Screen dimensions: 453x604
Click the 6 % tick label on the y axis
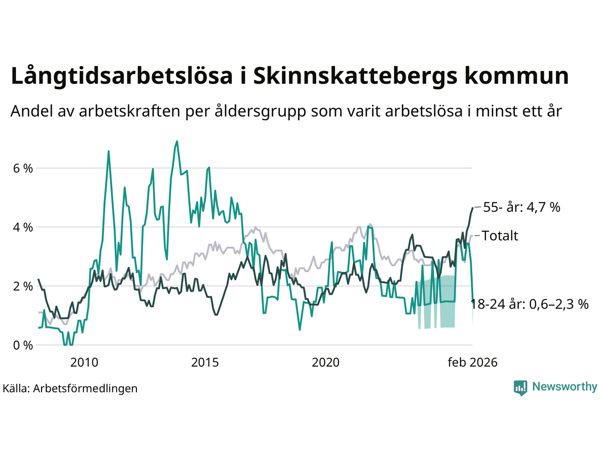22,168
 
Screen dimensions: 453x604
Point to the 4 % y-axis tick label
22,227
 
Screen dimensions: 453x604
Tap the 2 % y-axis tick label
22,286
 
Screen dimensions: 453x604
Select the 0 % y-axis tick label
22,345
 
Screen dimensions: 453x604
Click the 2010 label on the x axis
84,362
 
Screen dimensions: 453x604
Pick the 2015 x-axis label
205,362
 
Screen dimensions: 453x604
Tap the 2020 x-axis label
326,362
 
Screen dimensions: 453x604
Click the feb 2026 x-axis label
472,362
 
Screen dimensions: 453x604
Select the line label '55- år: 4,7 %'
521,207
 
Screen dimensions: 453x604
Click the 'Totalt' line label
500,236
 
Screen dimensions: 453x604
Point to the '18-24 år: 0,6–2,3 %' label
530,304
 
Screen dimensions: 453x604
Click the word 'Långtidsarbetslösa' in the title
122,76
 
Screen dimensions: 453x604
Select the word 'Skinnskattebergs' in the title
355,76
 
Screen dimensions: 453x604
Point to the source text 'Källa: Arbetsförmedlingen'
70,389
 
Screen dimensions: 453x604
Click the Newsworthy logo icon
520,388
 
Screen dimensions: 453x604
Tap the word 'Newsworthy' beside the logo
564,387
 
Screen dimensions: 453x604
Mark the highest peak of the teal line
177,141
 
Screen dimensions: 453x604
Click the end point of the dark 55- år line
472,208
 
